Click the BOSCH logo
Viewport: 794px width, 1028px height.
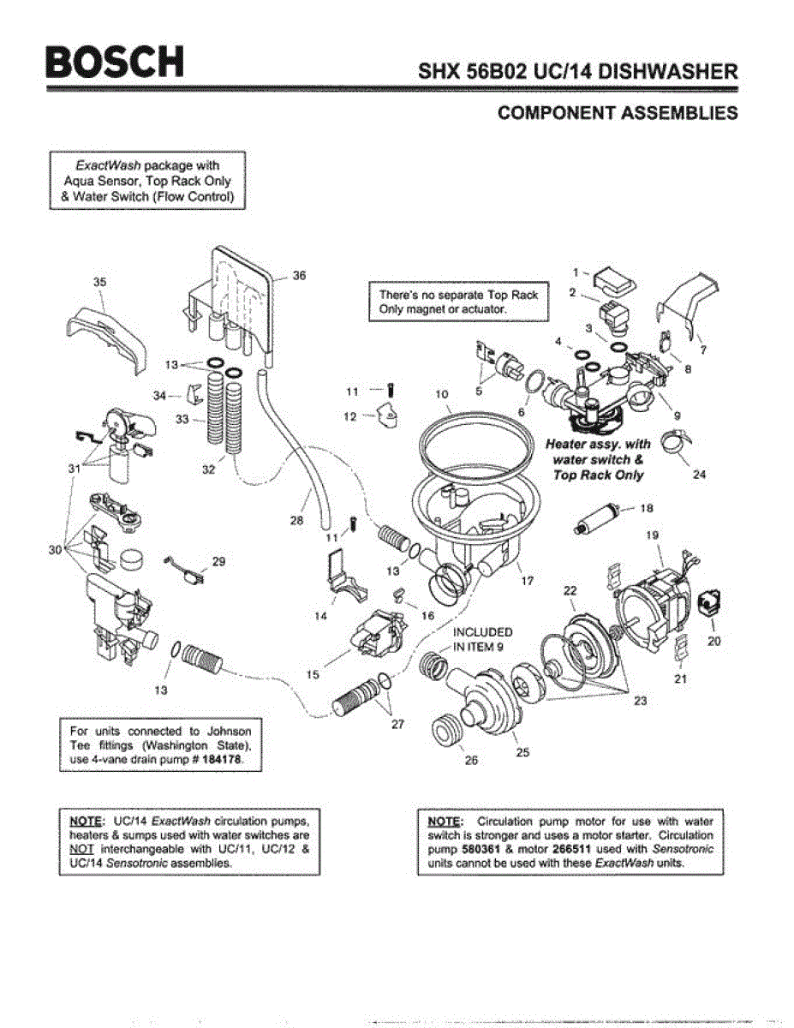(115, 62)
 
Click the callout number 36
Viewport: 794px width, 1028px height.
(299, 275)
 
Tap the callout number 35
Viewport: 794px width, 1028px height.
(99, 282)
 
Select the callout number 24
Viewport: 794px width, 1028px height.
(700, 475)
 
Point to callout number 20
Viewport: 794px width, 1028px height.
(714, 641)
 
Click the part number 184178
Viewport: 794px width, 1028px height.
(222, 760)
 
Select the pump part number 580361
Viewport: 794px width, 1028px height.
(481, 849)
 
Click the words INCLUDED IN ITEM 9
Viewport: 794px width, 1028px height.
(483, 639)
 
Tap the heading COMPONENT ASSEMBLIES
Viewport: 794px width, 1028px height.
(618, 113)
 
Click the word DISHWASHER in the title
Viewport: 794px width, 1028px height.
(668, 72)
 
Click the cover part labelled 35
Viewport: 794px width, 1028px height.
(106, 340)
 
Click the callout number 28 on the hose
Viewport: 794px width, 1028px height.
(296, 520)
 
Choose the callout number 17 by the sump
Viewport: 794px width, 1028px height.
(528, 581)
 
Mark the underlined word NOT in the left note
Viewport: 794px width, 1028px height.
(81, 849)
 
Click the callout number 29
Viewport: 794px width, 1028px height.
(219, 561)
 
